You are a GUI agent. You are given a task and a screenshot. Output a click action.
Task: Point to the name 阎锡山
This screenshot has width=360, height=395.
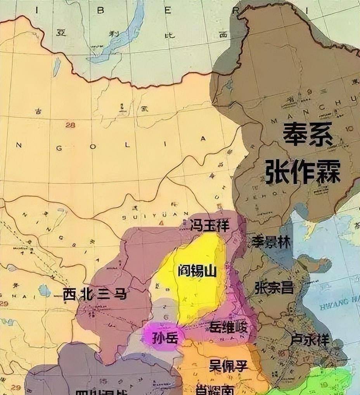pos(197,271)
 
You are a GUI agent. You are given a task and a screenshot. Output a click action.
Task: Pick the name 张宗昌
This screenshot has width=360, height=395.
pos(274,287)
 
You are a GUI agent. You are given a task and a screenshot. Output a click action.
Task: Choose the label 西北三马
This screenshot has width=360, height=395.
pos(95,294)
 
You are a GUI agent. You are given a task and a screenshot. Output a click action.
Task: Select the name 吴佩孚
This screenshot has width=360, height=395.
pos(228,365)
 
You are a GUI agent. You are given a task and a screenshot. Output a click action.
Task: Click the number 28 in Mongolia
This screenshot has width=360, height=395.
pos(70,125)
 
